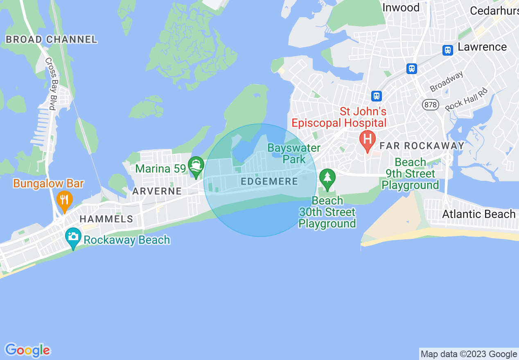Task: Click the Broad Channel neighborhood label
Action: (51, 40)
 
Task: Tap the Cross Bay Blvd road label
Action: (52, 84)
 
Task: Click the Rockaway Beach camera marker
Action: (73, 237)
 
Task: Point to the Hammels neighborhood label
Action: (106, 219)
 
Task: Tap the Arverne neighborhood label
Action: (157, 191)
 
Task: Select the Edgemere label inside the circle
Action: (269, 181)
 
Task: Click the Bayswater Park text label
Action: (294, 153)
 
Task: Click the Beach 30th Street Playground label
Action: (327, 212)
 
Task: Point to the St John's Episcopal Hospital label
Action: (338, 117)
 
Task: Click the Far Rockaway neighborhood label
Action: (422, 146)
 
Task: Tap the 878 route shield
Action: (431, 105)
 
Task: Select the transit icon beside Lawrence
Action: (448, 50)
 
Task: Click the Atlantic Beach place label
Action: (478, 214)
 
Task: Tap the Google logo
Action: (27, 350)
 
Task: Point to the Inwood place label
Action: (401, 7)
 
